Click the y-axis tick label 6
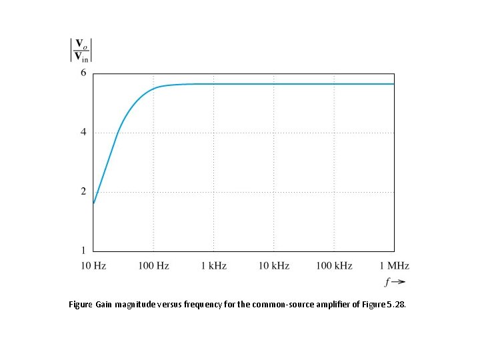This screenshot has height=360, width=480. (x=83, y=73)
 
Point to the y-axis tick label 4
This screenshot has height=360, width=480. (x=83, y=132)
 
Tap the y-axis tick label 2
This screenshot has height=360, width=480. (x=83, y=191)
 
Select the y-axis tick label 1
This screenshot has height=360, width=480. (x=83, y=251)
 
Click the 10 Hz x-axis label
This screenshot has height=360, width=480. (x=93, y=266)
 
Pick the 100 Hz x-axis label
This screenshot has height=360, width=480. (x=153, y=266)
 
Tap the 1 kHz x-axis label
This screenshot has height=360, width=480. (x=214, y=266)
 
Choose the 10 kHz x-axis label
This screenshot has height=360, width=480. (x=274, y=266)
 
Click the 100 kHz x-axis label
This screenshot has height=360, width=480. (x=334, y=266)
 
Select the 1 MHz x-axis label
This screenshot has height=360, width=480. (x=394, y=266)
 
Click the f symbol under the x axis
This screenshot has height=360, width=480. (x=387, y=281)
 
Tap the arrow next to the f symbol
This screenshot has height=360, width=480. (x=397, y=281)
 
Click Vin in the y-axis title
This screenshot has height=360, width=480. (x=81, y=56)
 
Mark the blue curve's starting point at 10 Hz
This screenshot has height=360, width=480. (x=94, y=203)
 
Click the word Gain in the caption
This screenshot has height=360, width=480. (x=103, y=305)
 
